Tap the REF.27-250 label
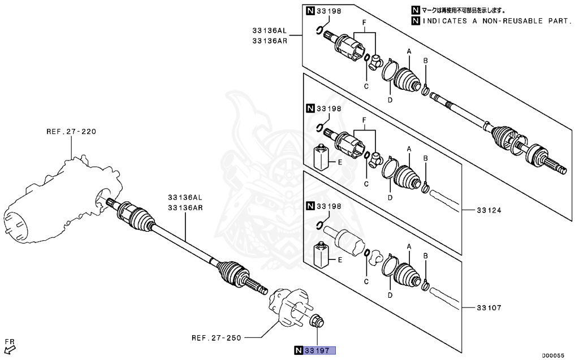click(x=216, y=338)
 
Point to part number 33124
click(x=489, y=210)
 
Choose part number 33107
click(x=489, y=308)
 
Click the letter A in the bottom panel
click(x=408, y=246)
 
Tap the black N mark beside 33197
click(x=298, y=351)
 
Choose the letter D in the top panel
click(x=390, y=99)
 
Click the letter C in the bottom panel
click(x=366, y=281)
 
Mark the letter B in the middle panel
click(x=425, y=158)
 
